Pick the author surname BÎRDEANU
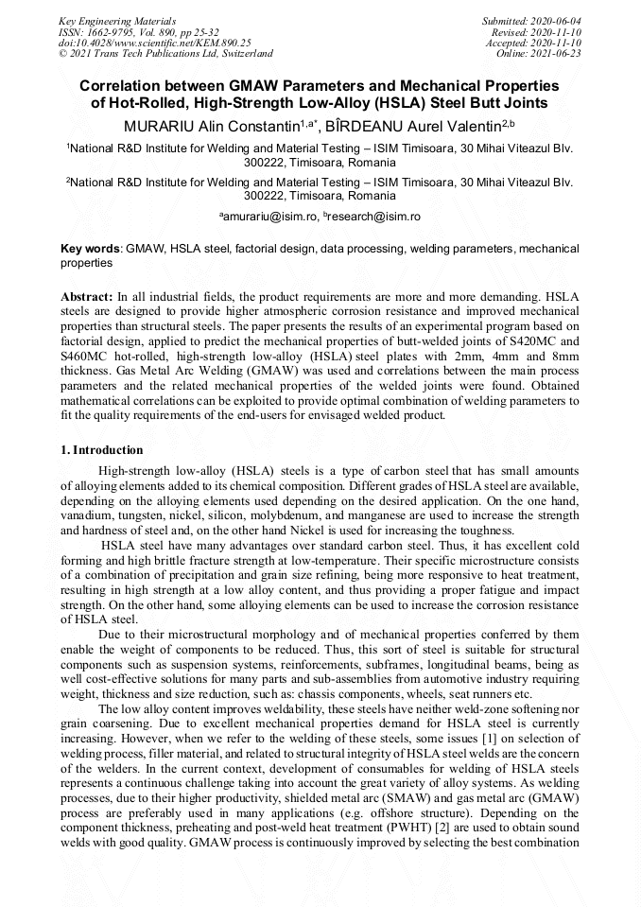click(x=379, y=124)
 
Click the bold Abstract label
click(x=87, y=296)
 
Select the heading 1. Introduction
click(x=101, y=449)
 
